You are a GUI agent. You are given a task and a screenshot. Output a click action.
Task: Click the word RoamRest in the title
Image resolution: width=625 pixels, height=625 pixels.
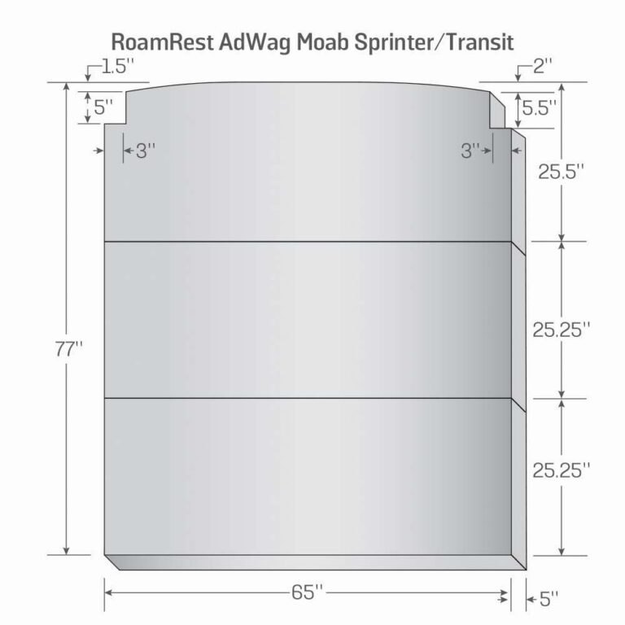[x=163, y=42]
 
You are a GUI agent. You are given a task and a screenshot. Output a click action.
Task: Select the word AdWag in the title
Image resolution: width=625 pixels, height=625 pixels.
[x=255, y=42]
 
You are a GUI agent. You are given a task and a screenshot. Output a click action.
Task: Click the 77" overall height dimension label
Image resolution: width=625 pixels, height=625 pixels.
[x=68, y=350]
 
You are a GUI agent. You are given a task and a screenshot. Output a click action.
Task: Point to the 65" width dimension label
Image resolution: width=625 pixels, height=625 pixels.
[x=307, y=592]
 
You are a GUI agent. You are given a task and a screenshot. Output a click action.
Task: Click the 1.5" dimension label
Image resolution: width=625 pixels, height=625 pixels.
[x=117, y=66]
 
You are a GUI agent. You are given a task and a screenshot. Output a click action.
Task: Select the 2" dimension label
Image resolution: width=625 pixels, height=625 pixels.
[x=543, y=66]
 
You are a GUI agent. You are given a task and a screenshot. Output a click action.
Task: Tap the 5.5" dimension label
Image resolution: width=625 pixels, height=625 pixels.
[x=539, y=107]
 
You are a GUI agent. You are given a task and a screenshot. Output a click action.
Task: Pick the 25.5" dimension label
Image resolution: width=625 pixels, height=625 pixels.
[x=561, y=172]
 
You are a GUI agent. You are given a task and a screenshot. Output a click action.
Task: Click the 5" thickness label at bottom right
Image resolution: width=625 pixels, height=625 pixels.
[x=549, y=599]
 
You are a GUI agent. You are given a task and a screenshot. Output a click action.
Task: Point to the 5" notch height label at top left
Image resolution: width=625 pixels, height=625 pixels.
[x=103, y=107]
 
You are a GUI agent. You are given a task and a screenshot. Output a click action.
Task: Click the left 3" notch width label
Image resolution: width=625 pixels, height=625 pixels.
[x=146, y=151]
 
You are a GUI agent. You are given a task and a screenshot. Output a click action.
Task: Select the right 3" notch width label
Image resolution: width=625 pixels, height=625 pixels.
[x=470, y=151]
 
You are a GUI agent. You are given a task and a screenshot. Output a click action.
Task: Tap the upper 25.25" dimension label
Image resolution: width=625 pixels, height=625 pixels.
[x=561, y=330]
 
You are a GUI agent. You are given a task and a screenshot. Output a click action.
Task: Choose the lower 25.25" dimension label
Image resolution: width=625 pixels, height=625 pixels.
[x=561, y=470]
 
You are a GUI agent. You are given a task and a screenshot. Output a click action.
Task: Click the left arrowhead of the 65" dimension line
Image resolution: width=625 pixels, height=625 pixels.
[x=108, y=592]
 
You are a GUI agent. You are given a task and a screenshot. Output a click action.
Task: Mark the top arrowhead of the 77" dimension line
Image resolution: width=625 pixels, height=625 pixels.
[x=67, y=86]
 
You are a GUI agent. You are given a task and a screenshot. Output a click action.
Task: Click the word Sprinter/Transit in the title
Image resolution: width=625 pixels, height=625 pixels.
[x=434, y=42]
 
